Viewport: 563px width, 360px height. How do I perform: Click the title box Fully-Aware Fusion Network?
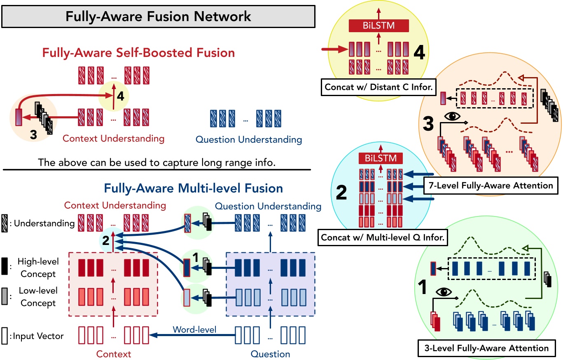[x=158, y=17]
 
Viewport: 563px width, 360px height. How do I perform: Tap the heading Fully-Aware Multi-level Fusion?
[x=193, y=188]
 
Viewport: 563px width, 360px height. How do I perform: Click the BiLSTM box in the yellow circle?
[x=378, y=26]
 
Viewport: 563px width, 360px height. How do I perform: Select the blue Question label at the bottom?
[x=270, y=354]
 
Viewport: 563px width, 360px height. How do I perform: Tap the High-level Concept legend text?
[x=38, y=268]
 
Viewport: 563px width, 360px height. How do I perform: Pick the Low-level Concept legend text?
[x=38, y=297]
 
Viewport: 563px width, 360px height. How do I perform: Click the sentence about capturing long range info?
[x=156, y=162]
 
